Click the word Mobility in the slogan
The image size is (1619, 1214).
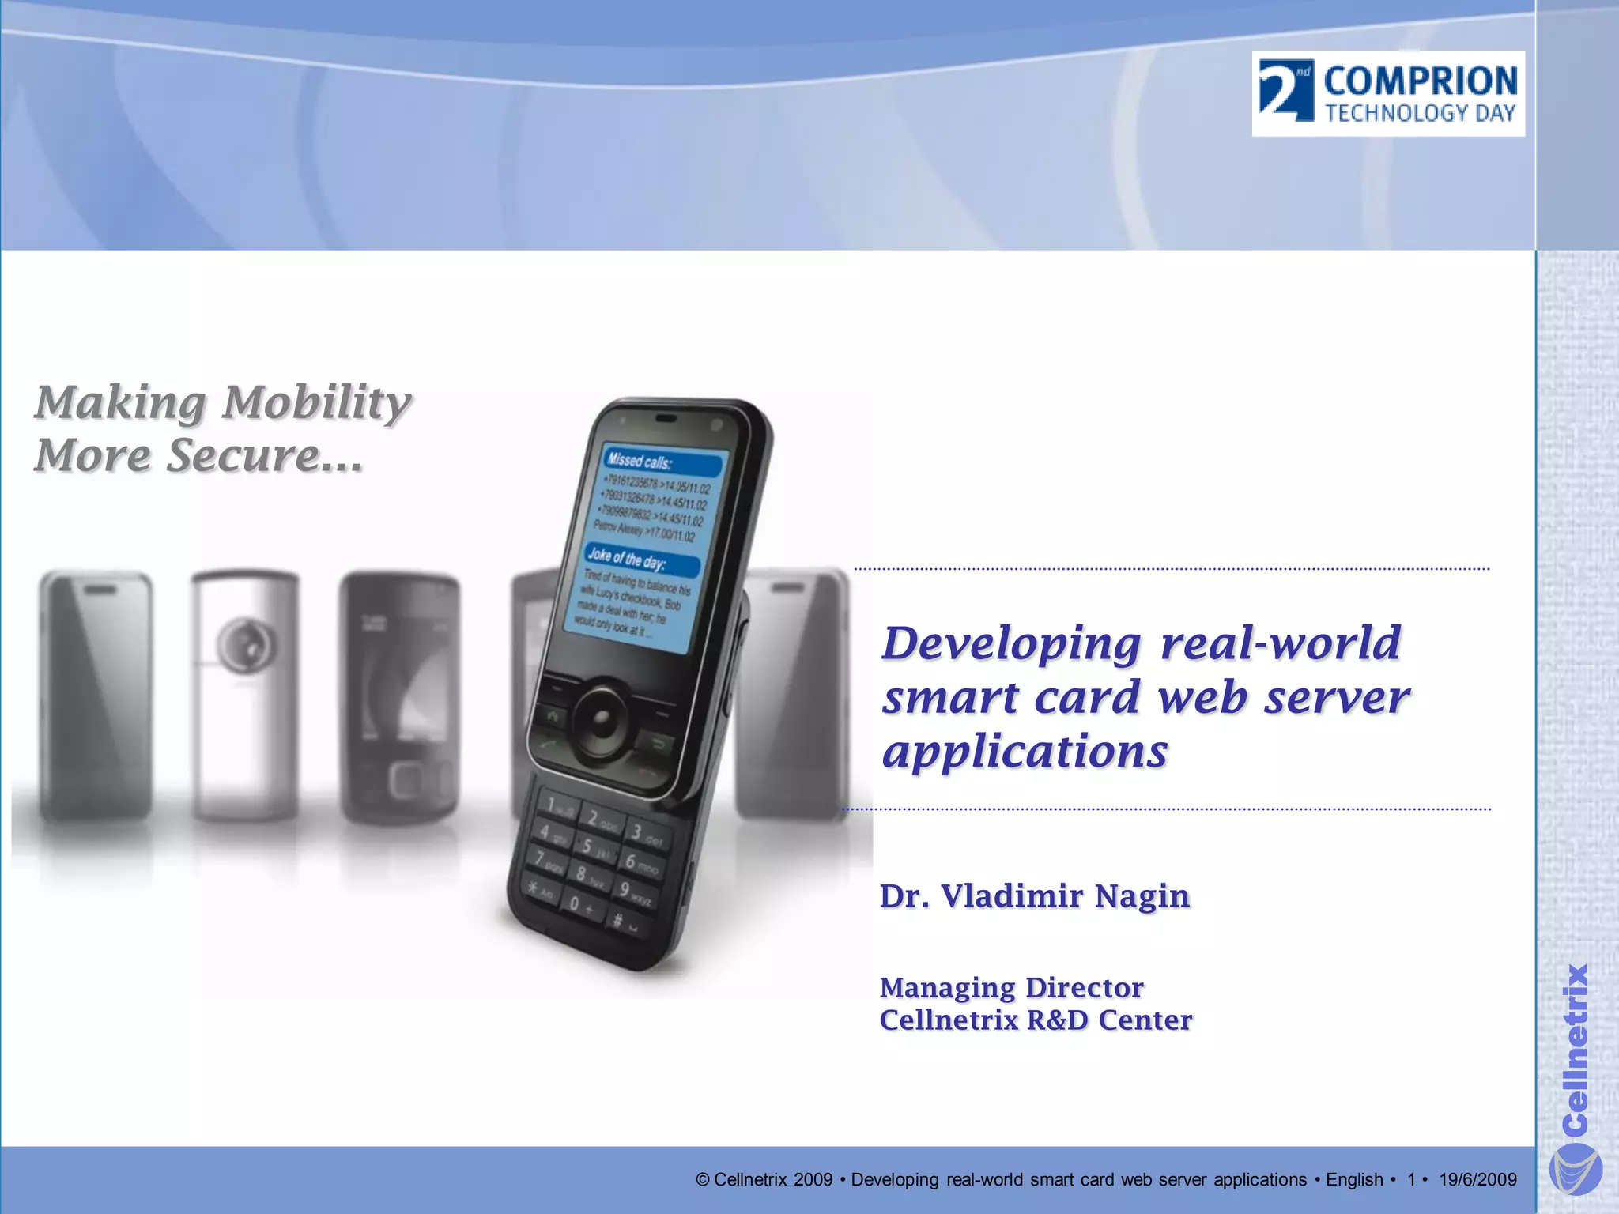point(316,403)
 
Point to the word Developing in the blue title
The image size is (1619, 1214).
point(1012,644)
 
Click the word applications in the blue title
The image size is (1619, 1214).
point(1025,751)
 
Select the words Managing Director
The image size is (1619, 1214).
point(1011,988)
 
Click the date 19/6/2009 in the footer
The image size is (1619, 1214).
point(1477,1180)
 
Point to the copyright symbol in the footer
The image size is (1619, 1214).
point(702,1180)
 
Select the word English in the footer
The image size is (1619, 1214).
point(1354,1180)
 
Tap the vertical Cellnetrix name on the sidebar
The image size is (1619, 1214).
point(1576,1047)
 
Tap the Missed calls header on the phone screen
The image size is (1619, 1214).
point(639,461)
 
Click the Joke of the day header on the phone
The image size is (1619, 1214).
point(626,560)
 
